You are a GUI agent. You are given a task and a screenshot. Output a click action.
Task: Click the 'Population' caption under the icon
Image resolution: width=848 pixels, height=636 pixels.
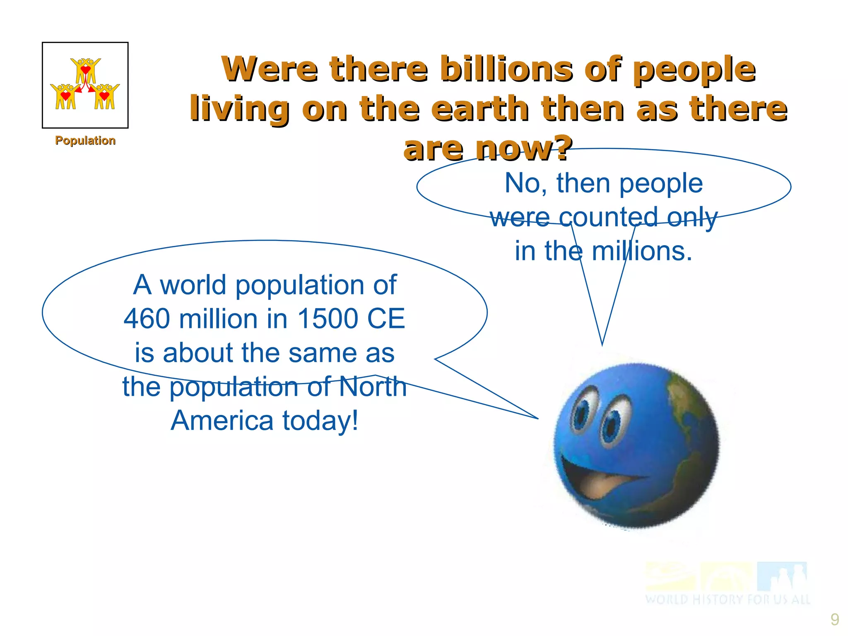85,141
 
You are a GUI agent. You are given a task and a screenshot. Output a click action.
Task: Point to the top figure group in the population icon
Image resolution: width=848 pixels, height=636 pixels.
85,70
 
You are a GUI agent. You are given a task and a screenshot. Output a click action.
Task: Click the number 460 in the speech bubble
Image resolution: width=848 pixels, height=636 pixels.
147,319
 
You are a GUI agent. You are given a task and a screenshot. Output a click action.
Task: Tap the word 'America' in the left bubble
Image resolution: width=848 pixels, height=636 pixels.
222,421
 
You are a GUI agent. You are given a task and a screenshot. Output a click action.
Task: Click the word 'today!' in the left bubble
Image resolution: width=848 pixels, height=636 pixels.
320,421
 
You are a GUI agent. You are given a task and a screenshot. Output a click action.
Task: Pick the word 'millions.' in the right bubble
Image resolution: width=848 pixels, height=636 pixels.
641,251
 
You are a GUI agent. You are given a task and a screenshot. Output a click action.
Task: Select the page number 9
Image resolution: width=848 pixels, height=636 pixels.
835,619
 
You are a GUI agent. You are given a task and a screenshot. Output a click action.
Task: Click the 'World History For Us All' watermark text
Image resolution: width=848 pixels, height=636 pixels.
727,599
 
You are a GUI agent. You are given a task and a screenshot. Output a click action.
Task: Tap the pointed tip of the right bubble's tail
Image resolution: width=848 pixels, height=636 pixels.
602,344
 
